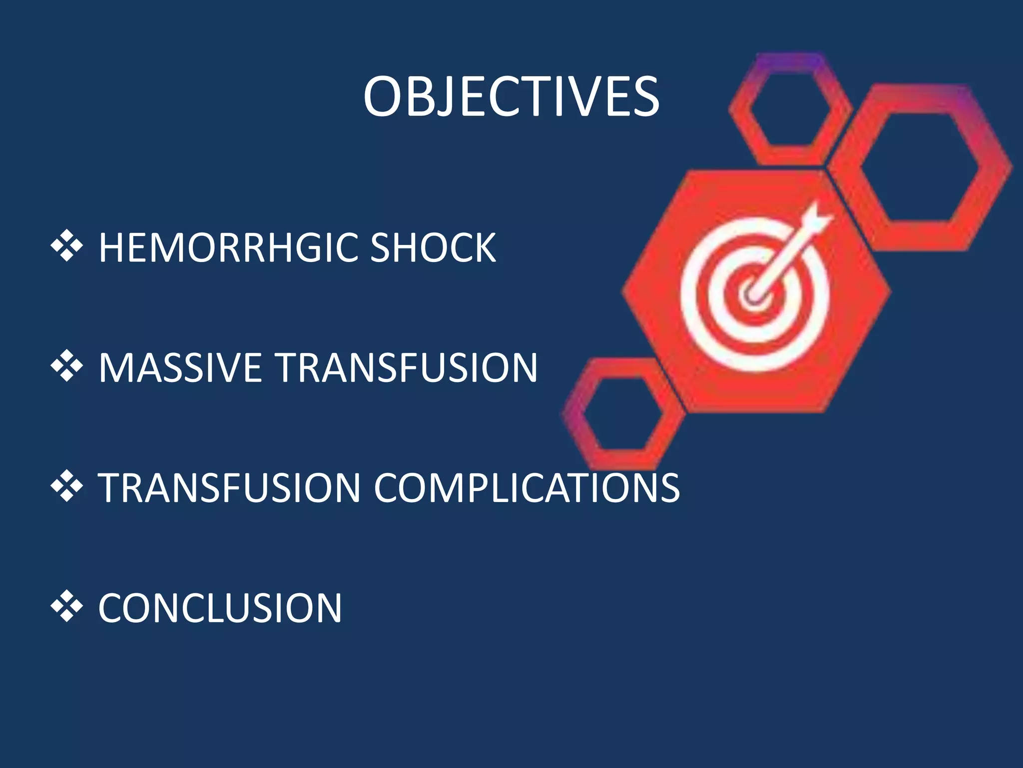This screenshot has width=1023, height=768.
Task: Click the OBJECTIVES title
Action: pos(511,96)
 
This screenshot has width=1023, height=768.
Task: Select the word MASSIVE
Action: pos(180,368)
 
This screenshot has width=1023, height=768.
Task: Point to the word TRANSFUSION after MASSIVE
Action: pos(407,368)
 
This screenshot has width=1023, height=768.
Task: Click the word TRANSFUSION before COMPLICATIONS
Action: pos(229,488)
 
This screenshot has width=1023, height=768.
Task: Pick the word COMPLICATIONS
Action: pos(526,488)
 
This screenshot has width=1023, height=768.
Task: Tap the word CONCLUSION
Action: pos(220,608)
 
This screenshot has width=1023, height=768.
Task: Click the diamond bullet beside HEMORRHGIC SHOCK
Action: pos(66,246)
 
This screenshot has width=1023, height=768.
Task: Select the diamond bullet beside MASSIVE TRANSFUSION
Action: pos(66,366)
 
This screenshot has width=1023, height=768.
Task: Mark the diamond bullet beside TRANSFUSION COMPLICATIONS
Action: pos(66,486)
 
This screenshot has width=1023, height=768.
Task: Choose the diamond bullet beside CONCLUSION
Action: pos(66,607)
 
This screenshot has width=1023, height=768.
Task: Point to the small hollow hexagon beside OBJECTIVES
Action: pos(789,107)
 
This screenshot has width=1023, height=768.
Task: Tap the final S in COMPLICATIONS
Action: pos(669,488)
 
